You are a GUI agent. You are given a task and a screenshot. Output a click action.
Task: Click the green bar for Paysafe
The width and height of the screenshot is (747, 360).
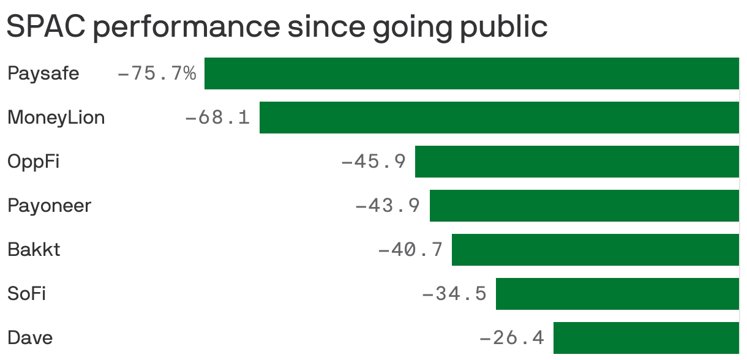(x=471, y=73)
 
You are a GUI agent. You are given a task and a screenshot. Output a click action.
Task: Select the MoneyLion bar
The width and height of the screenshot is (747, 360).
(x=499, y=118)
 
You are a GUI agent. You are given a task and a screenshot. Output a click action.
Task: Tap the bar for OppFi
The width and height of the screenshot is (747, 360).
(x=577, y=162)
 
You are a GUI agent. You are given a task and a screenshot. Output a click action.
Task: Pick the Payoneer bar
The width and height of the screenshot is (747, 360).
(x=584, y=206)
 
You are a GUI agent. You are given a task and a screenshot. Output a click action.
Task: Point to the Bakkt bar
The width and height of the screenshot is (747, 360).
(x=595, y=250)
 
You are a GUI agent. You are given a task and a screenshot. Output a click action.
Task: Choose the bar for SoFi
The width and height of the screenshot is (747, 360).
(x=617, y=294)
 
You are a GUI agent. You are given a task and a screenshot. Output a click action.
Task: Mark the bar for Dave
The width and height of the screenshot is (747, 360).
(x=646, y=337)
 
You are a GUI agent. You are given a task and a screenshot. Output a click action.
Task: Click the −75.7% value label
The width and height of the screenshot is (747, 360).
(x=157, y=74)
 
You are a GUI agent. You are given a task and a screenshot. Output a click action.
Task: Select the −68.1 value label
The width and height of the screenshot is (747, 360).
(x=217, y=118)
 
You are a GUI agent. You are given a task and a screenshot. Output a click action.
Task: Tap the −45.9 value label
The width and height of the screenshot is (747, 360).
(x=373, y=162)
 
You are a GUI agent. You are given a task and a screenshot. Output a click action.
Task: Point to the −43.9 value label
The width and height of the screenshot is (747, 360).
(x=388, y=206)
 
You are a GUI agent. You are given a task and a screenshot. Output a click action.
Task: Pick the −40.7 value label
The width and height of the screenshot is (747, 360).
(x=410, y=250)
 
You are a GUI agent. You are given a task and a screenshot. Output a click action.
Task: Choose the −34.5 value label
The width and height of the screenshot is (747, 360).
(x=454, y=294)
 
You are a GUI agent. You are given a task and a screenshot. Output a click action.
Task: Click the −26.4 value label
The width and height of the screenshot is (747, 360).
(x=511, y=337)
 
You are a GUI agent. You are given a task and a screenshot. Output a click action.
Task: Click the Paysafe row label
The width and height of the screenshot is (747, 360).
(x=43, y=74)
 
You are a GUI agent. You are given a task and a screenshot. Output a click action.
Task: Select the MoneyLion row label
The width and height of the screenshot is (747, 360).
(x=56, y=118)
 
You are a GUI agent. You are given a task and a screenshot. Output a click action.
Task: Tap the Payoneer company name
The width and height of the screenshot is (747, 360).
(x=49, y=206)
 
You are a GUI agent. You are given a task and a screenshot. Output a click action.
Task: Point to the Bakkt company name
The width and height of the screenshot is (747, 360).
(x=34, y=250)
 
